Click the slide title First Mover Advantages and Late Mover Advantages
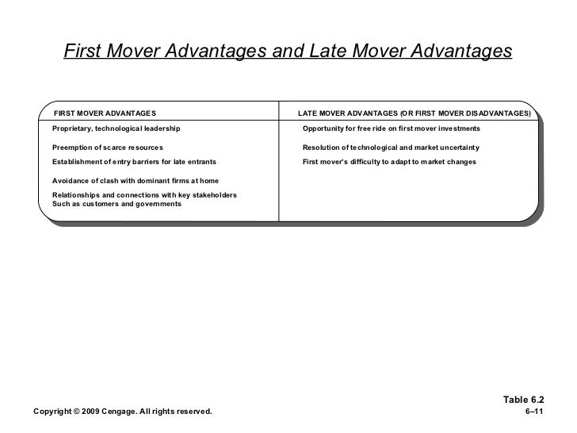[288, 52]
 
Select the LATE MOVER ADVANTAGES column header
[414, 113]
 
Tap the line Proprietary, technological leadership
[117, 128]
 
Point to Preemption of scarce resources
[108, 148]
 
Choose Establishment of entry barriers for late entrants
[134, 162]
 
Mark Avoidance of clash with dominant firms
[135, 181]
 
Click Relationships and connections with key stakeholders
[143, 195]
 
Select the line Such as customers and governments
[117, 204]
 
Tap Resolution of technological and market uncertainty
[391, 148]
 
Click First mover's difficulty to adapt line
[389, 162]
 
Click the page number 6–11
[536, 411]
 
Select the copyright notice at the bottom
[122, 411]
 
